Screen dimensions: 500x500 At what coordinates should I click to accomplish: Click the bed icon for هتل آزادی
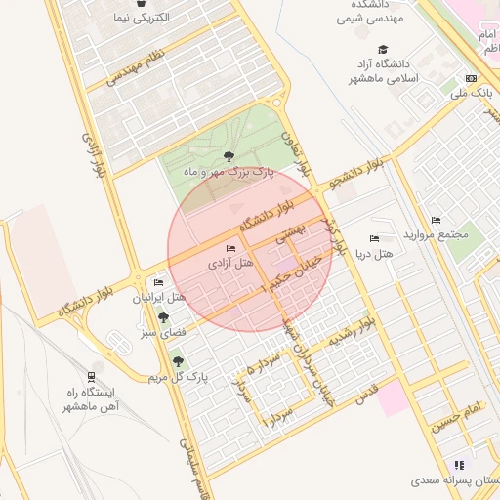click(x=230, y=250)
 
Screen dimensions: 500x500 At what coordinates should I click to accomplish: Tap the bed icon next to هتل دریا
click(x=374, y=239)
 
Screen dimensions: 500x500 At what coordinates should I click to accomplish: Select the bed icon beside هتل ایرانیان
click(x=158, y=283)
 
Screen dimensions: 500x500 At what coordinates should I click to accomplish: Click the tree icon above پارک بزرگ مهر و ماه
click(x=229, y=156)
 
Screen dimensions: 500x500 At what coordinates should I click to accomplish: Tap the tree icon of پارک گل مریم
click(x=177, y=361)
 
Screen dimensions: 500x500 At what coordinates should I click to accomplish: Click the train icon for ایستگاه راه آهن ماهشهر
click(x=91, y=377)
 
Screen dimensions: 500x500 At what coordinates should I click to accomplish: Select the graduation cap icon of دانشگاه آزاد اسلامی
click(x=383, y=50)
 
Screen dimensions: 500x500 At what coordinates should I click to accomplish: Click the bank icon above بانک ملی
click(x=472, y=79)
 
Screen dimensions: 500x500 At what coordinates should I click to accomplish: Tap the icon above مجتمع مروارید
click(x=436, y=220)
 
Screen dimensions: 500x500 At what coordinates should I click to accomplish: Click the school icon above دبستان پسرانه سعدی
click(x=459, y=465)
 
